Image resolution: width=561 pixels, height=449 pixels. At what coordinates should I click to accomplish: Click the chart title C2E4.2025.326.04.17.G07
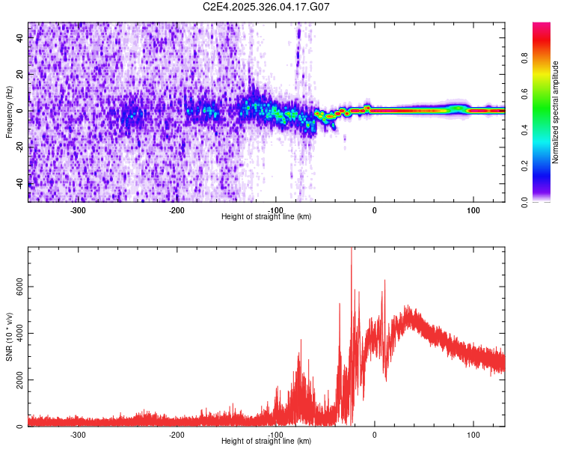coord(266,7)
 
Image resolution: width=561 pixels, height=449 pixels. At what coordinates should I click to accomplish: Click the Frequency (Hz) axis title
coord(9,112)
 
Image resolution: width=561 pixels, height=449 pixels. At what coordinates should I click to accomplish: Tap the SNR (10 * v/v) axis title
coord(9,337)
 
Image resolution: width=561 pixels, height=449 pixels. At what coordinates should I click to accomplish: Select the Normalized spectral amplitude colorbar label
coord(556,112)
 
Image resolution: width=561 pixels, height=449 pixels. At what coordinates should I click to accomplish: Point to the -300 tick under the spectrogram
coord(78,210)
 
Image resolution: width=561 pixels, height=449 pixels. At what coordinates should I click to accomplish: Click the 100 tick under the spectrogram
coord(473,210)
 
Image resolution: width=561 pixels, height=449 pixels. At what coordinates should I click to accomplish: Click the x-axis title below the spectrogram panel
coord(266,217)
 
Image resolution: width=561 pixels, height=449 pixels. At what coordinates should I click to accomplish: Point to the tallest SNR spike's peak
coord(352,250)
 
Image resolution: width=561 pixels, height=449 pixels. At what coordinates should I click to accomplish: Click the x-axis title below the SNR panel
coord(266,442)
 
